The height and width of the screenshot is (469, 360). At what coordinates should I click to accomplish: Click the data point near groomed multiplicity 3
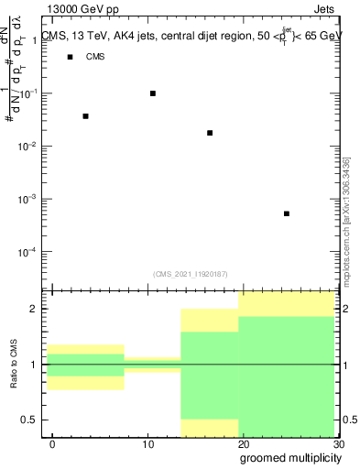point(85,116)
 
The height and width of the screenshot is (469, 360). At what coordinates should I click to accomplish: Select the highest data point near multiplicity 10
point(153,93)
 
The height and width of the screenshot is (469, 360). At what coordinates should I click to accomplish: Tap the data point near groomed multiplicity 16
point(210,133)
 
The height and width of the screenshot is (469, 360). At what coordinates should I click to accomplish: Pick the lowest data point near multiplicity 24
point(287,213)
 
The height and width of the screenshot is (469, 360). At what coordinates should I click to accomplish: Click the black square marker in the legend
point(70,57)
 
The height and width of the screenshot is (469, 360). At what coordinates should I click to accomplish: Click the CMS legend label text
point(95,57)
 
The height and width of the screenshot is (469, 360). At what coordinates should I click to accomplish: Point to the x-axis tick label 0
point(52,445)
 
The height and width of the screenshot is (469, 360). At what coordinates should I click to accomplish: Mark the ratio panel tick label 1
point(38,365)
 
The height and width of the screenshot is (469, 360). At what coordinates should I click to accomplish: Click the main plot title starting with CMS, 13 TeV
point(192,37)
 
